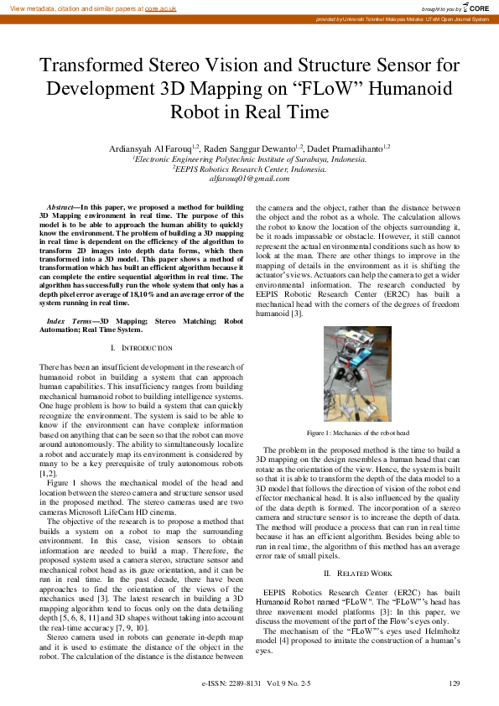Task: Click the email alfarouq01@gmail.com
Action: click(249, 179)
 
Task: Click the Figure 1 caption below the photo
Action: click(357, 433)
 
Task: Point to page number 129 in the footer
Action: click(455, 684)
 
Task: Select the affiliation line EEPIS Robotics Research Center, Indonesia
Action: click(249, 169)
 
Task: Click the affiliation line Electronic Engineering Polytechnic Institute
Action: click(249, 158)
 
